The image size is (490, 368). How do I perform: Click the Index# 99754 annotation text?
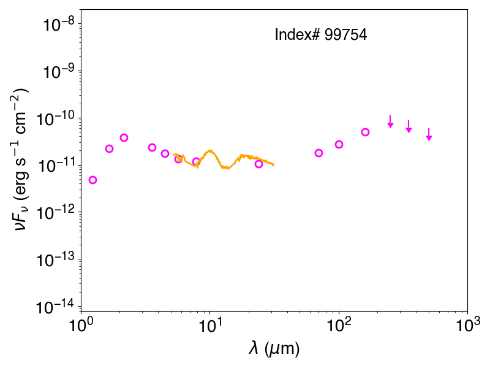tap(320, 34)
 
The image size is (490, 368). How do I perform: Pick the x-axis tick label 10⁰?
tap(80, 326)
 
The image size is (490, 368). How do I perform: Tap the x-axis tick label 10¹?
tap(209, 326)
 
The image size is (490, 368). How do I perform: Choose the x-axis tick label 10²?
tap(339, 326)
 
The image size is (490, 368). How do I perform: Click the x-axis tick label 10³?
tap(467, 326)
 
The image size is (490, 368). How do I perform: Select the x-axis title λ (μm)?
tap(274, 348)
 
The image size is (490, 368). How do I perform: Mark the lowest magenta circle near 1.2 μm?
tap(92, 180)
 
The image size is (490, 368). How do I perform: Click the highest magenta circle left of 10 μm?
tap(124, 137)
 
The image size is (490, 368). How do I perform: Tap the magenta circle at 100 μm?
tap(339, 144)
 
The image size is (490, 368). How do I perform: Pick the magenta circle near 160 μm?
tap(365, 132)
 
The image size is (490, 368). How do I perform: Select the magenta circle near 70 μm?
tap(318, 153)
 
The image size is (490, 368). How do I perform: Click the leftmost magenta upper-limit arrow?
tap(390, 121)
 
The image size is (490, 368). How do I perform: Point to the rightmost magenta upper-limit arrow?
tap(429, 134)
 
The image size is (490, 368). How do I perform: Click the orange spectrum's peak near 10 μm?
tap(210, 151)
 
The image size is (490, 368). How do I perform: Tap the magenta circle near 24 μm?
tap(258, 164)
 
